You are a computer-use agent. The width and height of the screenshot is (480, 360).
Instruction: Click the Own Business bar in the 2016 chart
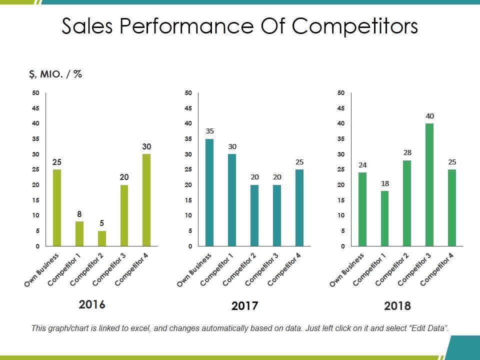[x=57, y=207]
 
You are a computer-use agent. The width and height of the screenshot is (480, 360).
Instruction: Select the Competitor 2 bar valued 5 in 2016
[x=101, y=238]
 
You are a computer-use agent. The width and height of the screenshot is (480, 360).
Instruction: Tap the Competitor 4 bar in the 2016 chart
[x=146, y=200]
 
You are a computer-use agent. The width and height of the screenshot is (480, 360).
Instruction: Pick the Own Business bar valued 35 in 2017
[x=210, y=192]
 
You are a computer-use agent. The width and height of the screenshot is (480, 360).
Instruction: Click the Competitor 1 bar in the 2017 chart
[x=232, y=200]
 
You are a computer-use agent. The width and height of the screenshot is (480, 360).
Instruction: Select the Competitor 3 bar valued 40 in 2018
[x=429, y=184]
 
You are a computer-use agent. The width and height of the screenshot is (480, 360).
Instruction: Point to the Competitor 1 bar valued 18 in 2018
[x=385, y=218]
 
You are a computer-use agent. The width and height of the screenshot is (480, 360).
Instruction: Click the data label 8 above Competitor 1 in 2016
[x=79, y=214]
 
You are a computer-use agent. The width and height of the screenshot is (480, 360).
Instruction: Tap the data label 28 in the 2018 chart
[x=407, y=152]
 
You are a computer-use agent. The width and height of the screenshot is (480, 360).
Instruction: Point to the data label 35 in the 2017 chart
[x=210, y=131]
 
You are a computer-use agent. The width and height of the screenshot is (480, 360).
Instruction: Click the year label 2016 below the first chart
[x=92, y=304]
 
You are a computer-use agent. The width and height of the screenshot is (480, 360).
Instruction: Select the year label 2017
[x=244, y=306]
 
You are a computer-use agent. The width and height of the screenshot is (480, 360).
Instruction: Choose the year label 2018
[x=397, y=306]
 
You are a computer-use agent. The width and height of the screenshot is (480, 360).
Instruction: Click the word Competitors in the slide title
[x=355, y=27]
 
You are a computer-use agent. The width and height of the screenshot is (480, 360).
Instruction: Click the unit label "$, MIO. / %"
[x=55, y=74]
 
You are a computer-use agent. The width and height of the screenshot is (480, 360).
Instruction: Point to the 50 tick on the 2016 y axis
[x=35, y=92]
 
